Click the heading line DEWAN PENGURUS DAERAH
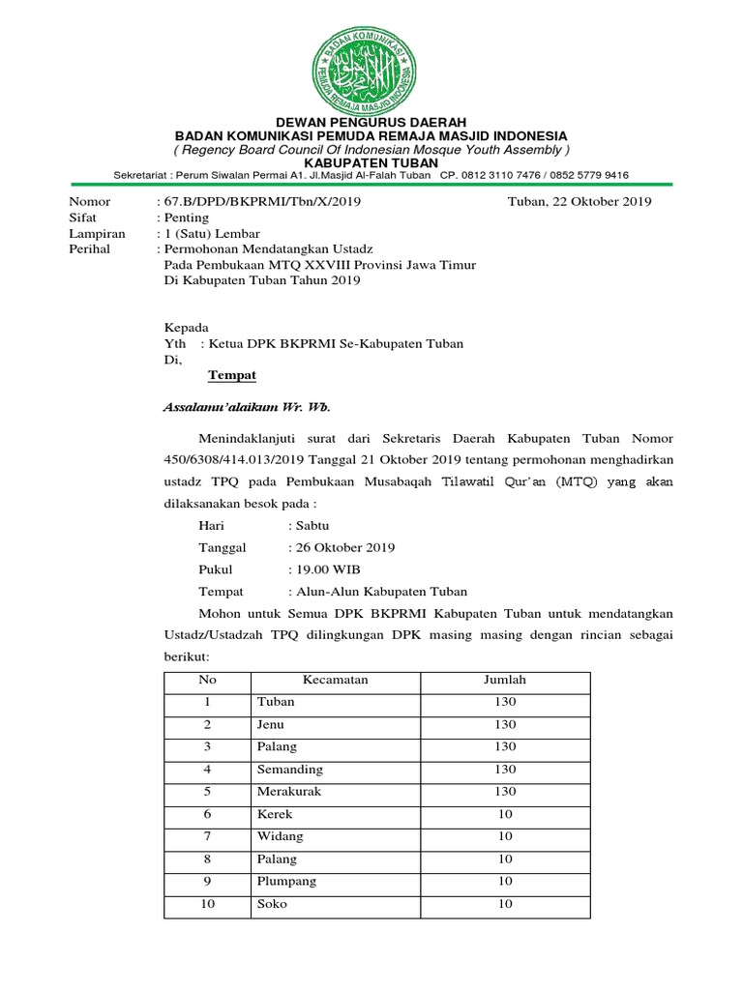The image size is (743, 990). coord(371,122)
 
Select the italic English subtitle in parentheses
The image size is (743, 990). coord(371,150)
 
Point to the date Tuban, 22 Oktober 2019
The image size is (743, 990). coord(580,202)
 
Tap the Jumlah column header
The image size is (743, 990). coord(505,680)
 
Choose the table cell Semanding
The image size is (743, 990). coord(290,770)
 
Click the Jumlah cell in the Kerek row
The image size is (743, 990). coord(505,815)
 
